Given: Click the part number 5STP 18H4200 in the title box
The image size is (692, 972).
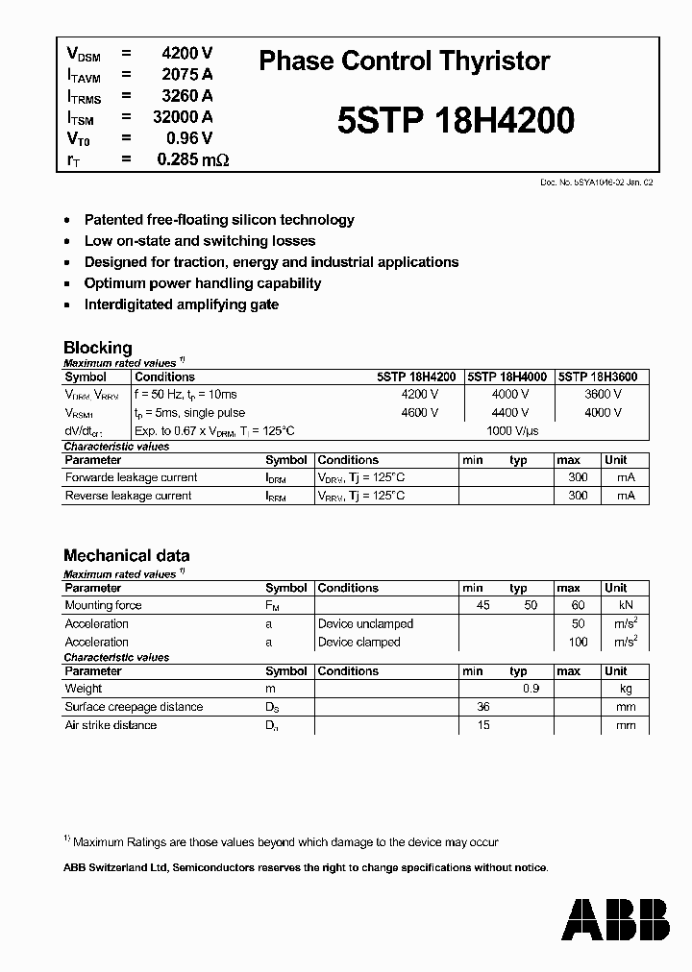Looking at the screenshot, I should [x=457, y=121].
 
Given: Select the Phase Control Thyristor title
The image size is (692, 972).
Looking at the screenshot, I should [x=405, y=61].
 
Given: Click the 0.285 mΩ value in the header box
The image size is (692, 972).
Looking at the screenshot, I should [x=192, y=159].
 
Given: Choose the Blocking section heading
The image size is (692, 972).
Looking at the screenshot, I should [x=98, y=348].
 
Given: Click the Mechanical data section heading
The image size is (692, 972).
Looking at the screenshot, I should [x=126, y=555].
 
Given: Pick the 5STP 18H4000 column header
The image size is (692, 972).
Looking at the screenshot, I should [x=507, y=377].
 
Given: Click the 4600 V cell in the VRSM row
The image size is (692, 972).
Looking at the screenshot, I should [x=420, y=412].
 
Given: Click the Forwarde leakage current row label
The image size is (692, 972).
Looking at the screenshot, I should [x=131, y=477].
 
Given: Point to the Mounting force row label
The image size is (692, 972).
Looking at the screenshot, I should [x=103, y=605].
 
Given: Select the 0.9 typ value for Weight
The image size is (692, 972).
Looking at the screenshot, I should [x=531, y=689].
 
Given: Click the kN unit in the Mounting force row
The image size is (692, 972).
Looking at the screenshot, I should [x=626, y=605].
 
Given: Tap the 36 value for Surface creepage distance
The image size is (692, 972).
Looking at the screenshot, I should [x=483, y=707].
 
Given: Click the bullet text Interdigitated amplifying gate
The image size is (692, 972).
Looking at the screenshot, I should [x=182, y=304].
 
